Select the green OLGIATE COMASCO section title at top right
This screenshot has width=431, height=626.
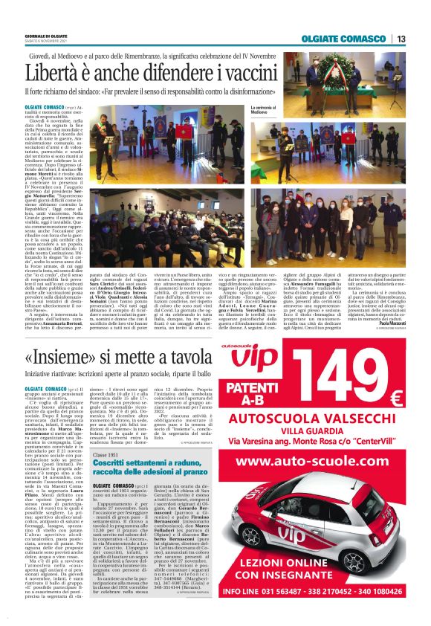click(x=343, y=39)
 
